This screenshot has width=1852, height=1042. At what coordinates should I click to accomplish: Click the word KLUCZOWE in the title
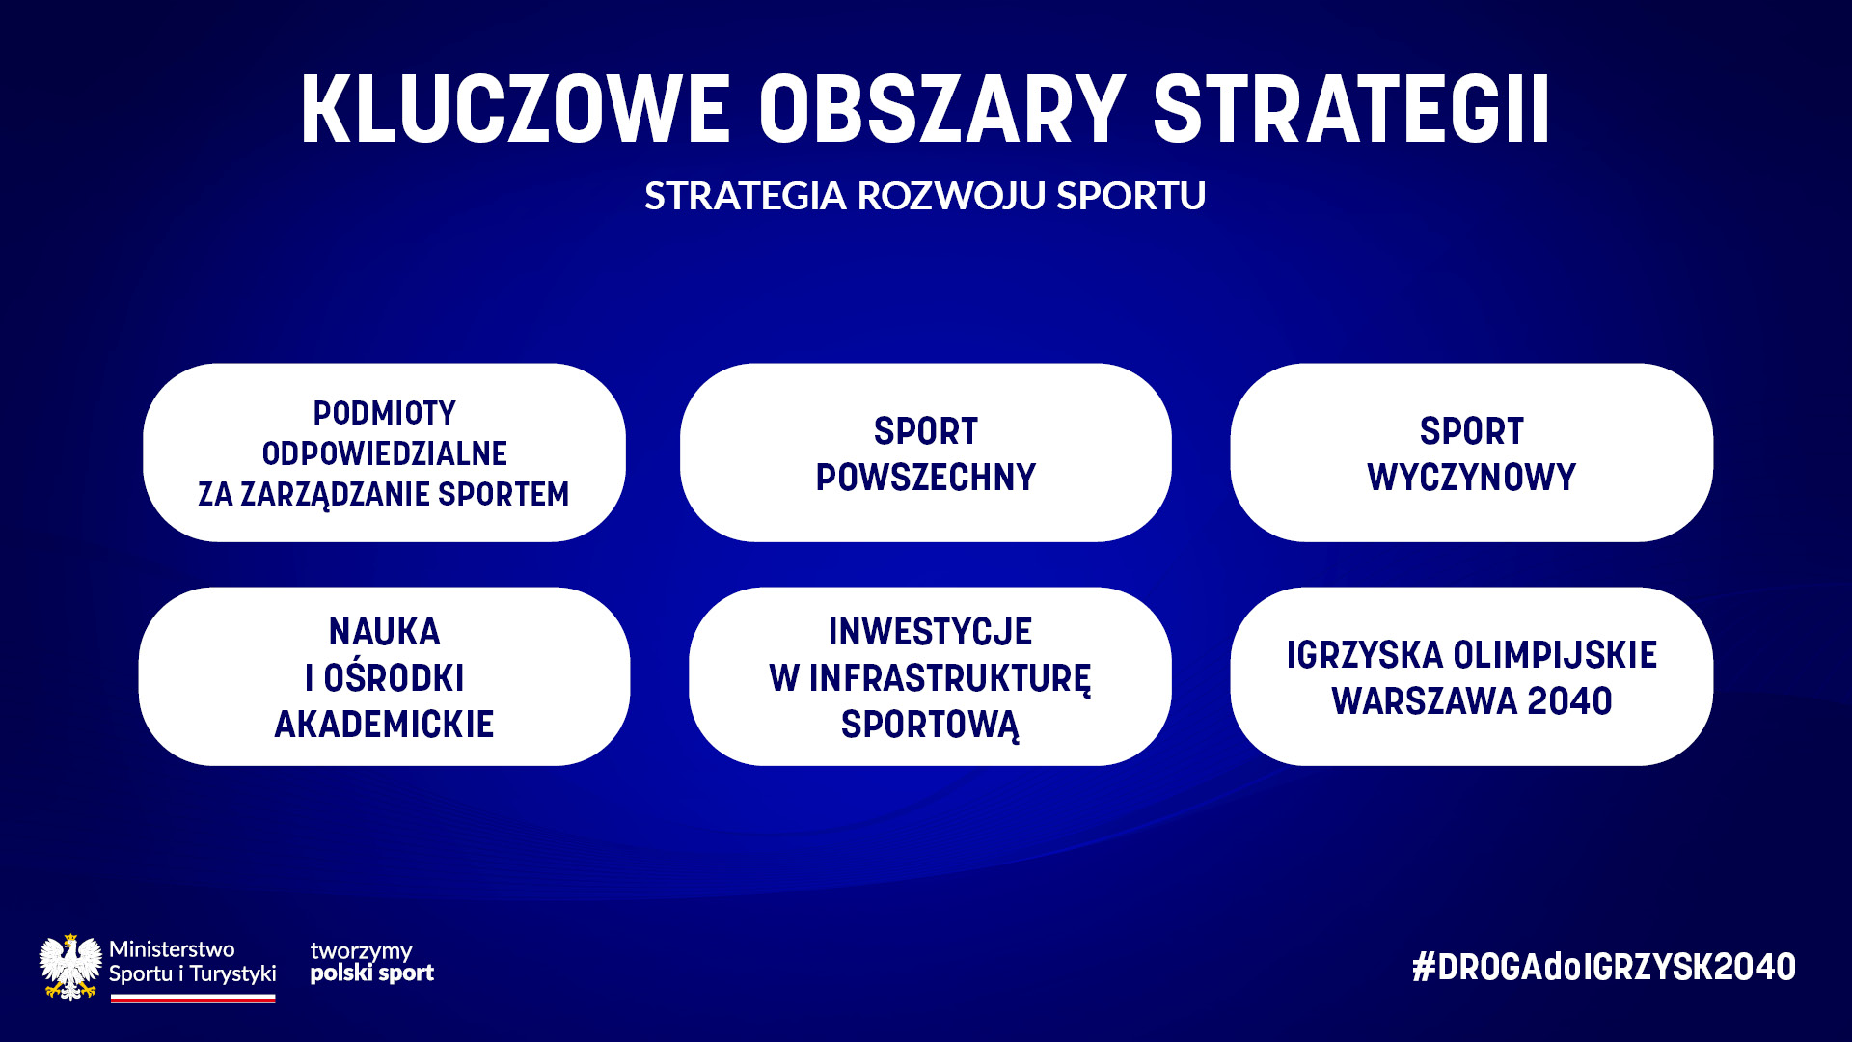(515, 109)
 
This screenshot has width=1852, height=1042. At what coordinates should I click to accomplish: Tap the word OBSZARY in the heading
(941, 109)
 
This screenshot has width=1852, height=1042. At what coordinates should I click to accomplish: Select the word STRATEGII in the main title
(1351, 109)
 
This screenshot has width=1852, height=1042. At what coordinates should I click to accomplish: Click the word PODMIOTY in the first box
(384, 413)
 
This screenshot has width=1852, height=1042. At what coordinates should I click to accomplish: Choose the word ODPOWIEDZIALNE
(384, 453)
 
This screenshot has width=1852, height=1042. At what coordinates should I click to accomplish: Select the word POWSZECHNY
(926, 478)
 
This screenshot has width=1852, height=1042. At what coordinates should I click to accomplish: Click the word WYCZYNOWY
(1471, 478)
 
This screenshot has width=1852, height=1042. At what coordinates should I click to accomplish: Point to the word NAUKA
(384, 632)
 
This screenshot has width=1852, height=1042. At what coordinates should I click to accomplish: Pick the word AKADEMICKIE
(384, 725)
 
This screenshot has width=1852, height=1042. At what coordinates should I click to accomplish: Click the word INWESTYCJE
(930, 632)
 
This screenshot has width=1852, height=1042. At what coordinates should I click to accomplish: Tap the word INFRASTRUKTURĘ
(950, 679)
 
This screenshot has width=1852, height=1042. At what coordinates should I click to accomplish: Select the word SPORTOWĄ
(930, 726)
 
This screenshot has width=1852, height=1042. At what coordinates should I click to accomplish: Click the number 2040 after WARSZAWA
(1569, 701)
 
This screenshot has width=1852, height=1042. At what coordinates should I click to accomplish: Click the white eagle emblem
(70, 967)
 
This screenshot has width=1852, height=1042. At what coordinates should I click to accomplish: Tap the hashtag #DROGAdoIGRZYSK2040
(1603, 967)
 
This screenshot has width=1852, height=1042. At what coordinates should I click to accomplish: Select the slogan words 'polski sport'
(372, 973)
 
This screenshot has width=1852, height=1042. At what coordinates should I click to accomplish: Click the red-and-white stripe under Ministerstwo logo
(193, 999)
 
